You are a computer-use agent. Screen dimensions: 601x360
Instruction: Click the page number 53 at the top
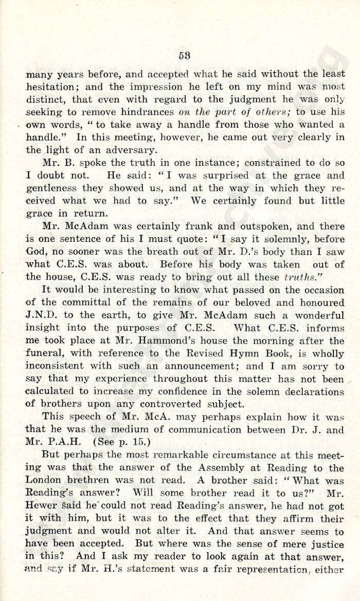tap(185, 56)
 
